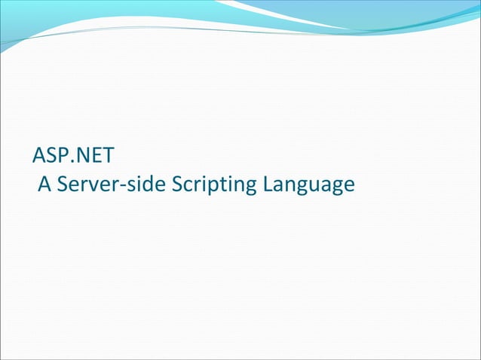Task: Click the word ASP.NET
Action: pos(73,157)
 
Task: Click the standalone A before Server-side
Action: pos(44,184)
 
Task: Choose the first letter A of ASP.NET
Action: pos(40,157)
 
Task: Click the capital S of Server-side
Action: pos(62,184)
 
